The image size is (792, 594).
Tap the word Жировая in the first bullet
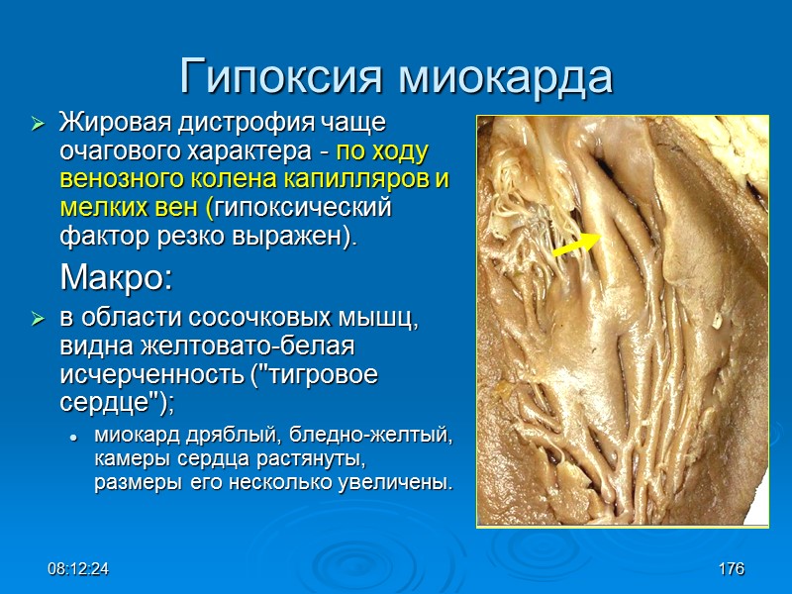tap(110, 125)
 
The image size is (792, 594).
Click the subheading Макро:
tap(116, 278)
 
